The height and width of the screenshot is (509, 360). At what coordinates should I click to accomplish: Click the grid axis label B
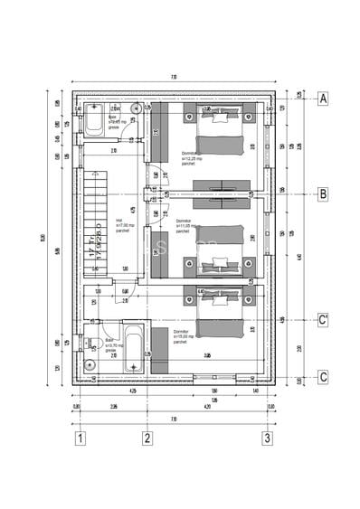pos(322,193)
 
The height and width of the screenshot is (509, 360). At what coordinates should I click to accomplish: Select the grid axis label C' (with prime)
pos(322,320)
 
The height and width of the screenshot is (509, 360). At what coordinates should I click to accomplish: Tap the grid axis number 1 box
pos(81,439)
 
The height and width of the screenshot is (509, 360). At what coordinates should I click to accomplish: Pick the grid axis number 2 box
pos(147,439)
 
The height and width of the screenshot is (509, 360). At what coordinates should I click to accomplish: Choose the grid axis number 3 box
pos(267,439)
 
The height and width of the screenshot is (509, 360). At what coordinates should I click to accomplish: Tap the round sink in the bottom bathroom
pos(89,365)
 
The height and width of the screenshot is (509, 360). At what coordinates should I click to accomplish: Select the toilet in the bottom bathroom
pos(90,344)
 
